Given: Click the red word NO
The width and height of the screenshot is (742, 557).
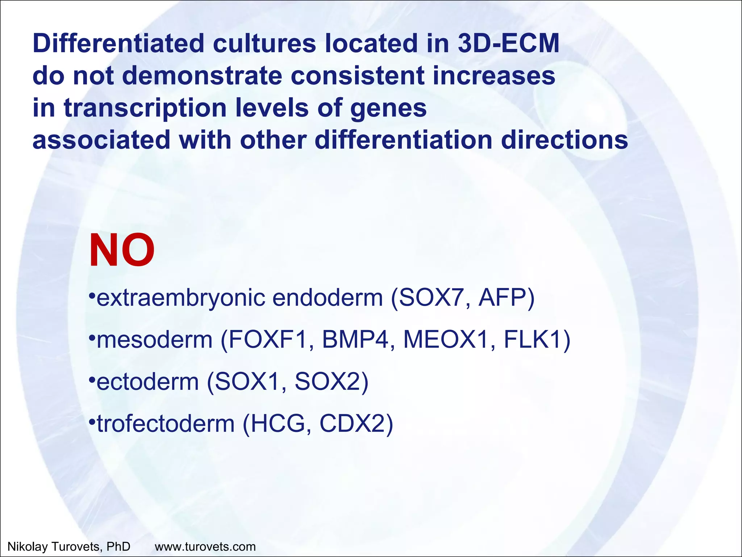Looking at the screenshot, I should pos(122,251).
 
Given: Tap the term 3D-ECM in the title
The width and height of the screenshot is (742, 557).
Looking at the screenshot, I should pos(508,44).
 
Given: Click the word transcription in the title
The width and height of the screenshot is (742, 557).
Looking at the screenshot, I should pos(145,108).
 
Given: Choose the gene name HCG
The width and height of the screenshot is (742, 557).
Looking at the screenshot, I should pos(280,424).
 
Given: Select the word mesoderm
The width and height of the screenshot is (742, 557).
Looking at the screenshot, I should pos(155,340).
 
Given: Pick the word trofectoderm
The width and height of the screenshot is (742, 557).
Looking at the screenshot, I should pos(166,424).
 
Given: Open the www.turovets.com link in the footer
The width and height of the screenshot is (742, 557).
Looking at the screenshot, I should pos(205,546).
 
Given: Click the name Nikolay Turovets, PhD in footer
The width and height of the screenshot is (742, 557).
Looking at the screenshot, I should pos(69,546).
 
